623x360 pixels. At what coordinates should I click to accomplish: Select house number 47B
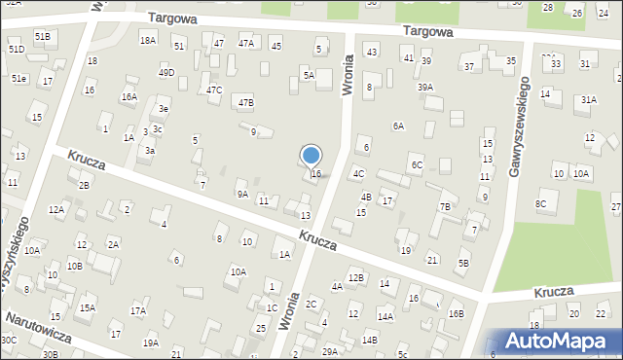[x=246, y=102]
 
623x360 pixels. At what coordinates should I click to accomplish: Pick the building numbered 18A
[x=147, y=40]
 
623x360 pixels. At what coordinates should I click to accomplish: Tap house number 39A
[x=425, y=87]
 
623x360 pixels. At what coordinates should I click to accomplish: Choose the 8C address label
[x=540, y=203]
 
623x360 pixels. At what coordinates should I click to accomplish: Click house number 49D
[x=166, y=72]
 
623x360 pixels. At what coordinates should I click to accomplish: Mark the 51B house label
[x=42, y=36]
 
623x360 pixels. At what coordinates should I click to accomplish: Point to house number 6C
[x=416, y=165]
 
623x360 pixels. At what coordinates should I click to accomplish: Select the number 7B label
[x=444, y=206]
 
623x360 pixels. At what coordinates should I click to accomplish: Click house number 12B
[x=356, y=278]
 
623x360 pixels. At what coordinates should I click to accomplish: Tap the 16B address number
[x=456, y=313]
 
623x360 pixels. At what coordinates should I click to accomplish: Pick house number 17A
[x=138, y=311]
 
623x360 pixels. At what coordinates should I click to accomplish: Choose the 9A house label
[x=242, y=194]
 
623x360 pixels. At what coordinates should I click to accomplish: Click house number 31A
[x=588, y=99]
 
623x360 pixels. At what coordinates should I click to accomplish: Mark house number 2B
[x=85, y=185]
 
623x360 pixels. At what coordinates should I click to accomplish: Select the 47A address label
[x=246, y=44]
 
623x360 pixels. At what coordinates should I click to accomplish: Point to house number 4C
[x=358, y=173]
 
